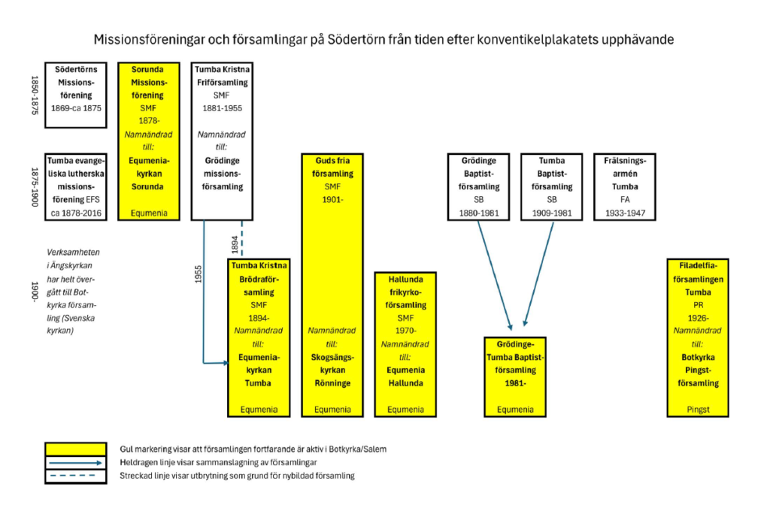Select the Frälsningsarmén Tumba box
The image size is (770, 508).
[625, 186]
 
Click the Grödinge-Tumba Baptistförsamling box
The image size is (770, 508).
[516, 376]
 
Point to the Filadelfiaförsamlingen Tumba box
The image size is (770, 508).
[699, 337]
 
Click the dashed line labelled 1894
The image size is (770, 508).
[242, 237]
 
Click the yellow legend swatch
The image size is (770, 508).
[75, 449]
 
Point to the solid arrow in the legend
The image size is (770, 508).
[75, 462]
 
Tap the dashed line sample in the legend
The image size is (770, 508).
[75, 476]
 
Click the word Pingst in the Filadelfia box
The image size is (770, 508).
[699, 410]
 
